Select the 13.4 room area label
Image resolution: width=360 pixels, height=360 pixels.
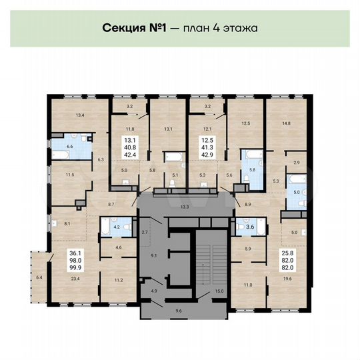click(x=81, y=116)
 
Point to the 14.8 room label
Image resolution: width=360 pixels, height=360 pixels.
click(x=285, y=123)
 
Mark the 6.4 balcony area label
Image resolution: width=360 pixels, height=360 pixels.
click(x=39, y=277)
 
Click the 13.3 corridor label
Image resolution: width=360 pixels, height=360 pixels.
click(x=185, y=207)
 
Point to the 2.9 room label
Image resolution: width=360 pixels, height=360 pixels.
click(x=297, y=162)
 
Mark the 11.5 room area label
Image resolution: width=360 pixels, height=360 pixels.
click(x=69, y=175)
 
